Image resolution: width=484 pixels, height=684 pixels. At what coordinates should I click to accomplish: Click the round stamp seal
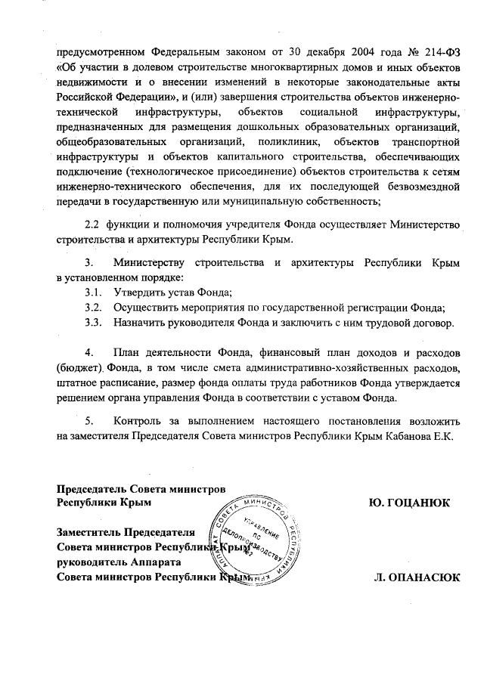[254, 540]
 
